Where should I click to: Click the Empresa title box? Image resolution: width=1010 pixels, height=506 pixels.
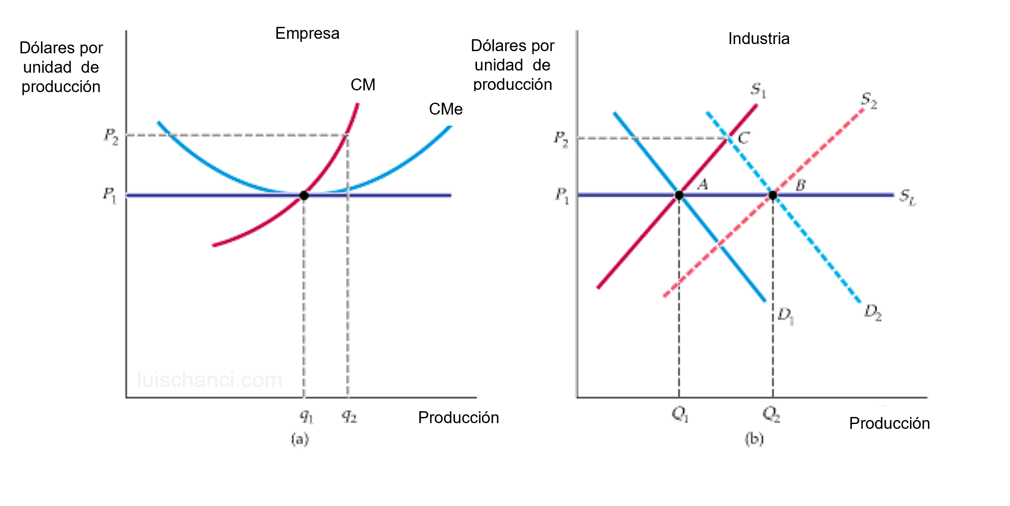pyautogui.click(x=307, y=33)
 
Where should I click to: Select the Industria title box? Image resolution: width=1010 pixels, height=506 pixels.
pyautogui.click(x=758, y=39)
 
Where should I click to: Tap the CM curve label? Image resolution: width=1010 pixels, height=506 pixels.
pyautogui.click(x=363, y=85)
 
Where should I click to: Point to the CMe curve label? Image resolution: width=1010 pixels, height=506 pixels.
pyautogui.click(x=446, y=109)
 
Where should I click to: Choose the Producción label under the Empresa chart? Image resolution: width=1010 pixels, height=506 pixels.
pyautogui.click(x=459, y=417)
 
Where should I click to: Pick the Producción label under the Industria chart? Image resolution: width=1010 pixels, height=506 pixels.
pyautogui.click(x=889, y=423)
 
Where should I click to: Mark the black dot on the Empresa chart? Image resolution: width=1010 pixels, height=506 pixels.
pyautogui.click(x=303, y=195)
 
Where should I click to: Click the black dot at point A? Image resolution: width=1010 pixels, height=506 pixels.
pyautogui.click(x=679, y=195)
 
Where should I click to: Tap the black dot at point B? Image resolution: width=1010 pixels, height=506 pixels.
pyautogui.click(x=773, y=195)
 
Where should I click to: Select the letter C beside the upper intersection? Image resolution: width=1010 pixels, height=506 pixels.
pyautogui.click(x=743, y=138)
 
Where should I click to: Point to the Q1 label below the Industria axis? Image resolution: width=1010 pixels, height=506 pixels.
pyautogui.click(x=680, y=414)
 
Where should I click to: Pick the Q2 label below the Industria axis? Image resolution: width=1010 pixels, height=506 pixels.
pyautogui.click(x=771, y=414)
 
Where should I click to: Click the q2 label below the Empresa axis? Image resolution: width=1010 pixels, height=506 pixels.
pyautogui.click(x=350, y=417)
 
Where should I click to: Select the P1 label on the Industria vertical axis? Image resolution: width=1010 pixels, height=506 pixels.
pyautogui.click(x=562, y=196)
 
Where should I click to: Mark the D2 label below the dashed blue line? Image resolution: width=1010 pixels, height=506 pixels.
pyautogui.click(x=872, y=312)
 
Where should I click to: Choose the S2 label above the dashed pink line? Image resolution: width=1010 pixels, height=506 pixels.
pyautogui.click(x=868, y=101)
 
